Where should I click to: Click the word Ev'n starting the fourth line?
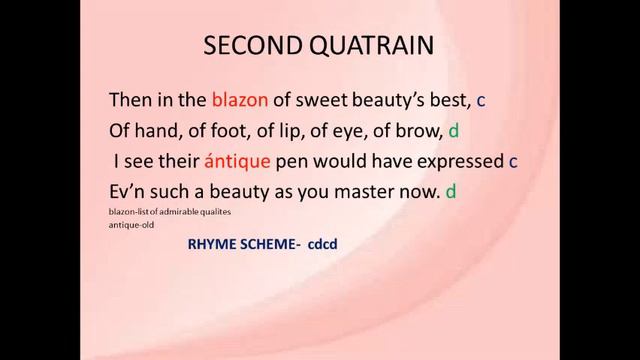[x=129, y=190]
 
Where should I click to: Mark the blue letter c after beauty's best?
[x=481, y=101]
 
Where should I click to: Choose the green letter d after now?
[x=450, y=190]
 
